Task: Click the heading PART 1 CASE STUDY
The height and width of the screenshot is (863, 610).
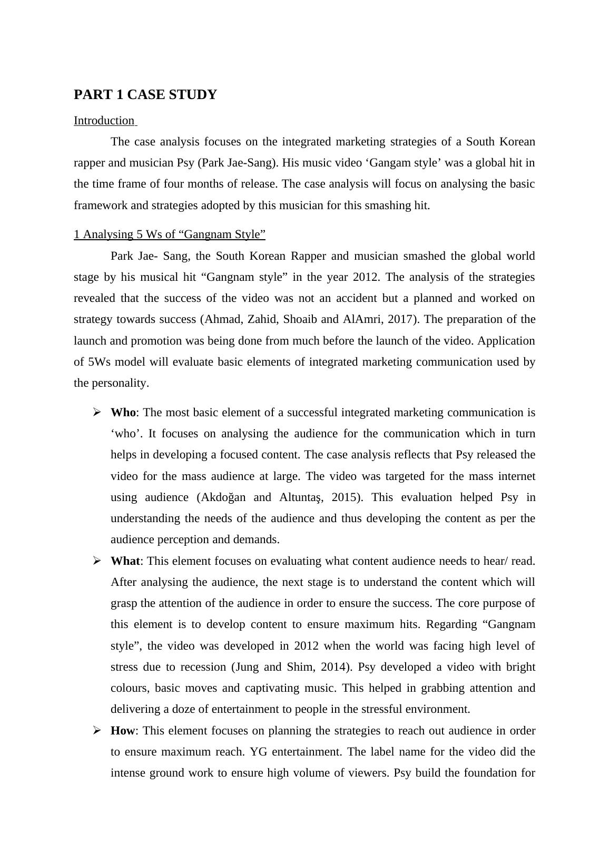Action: coord(145,95)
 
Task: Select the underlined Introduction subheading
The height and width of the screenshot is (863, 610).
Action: coord(104,121)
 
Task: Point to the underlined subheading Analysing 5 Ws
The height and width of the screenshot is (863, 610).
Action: coord(169,234)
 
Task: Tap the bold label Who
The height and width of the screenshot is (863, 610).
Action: coord(123,413)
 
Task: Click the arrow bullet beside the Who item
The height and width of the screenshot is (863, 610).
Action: coord(97,413)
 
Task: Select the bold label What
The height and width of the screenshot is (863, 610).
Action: coord(125,561)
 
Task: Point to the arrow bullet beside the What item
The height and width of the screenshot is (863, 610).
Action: coord(97,561)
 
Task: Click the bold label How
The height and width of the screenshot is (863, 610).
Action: coord(122,731)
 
